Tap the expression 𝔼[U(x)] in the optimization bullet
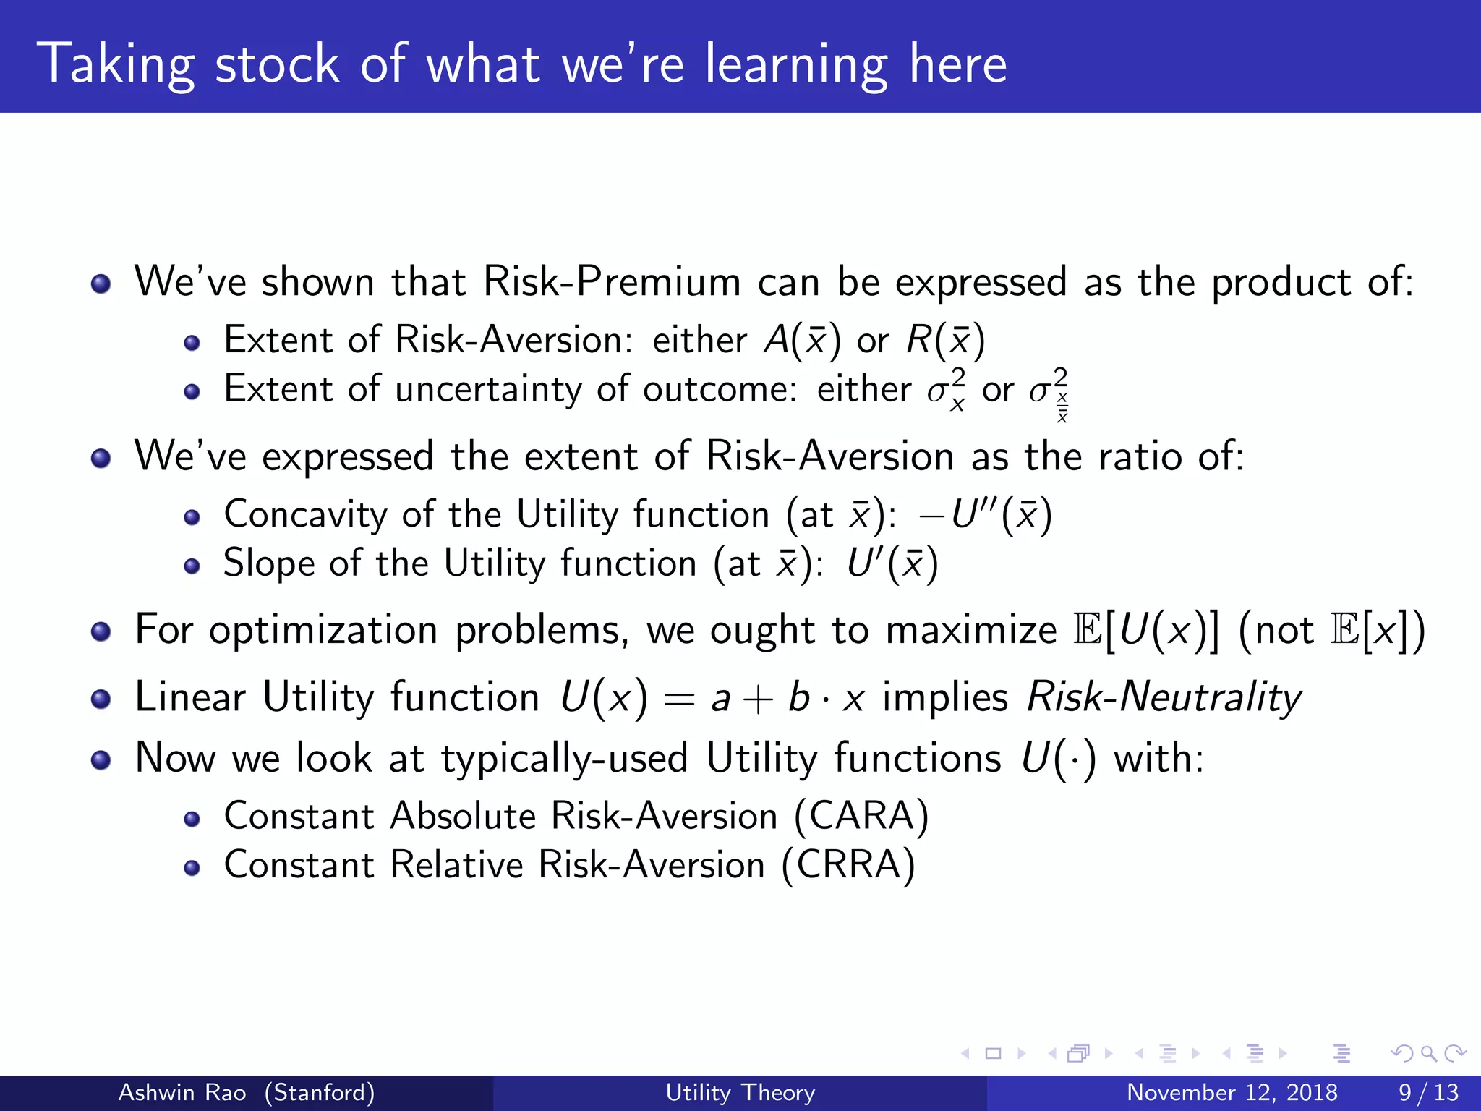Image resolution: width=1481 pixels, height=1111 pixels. coord(1146,629)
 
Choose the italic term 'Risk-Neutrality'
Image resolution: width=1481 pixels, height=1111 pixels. coord(1164,697)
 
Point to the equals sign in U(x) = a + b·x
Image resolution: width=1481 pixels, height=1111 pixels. coord(679,699)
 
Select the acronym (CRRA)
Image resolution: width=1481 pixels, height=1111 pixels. coord(848,865)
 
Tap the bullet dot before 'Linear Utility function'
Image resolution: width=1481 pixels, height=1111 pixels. coord(101,699)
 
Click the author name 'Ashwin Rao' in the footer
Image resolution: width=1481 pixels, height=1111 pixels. coord(182,1092)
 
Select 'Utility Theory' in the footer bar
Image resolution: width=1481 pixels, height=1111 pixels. coord(740,1092)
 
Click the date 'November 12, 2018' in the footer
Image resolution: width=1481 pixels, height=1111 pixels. coord(1232,1092)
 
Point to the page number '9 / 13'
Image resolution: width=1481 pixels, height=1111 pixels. coord(1428,1092)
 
